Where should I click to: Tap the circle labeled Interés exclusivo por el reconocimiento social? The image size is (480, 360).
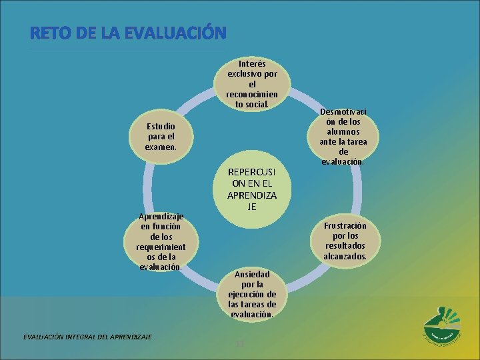(251, 85)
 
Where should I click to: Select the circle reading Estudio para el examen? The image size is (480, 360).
(162, 136)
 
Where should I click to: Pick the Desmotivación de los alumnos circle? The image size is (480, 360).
(343, 136)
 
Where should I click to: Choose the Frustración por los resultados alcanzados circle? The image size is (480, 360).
(345, 241)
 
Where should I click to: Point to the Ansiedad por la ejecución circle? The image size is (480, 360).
(251, 293)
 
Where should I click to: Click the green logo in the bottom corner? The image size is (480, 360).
(442, 326)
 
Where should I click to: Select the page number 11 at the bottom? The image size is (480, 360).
(241, 343)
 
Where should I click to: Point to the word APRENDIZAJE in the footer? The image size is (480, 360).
(130, 335)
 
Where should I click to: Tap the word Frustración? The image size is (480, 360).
(345, 225)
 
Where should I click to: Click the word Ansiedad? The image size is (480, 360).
(252, 274)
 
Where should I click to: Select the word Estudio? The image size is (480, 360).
(162, 126)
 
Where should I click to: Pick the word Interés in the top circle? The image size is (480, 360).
(252, 64)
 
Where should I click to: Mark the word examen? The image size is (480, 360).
(162, 146)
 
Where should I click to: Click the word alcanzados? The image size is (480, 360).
(345, 255)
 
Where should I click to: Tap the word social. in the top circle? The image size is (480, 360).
(257, 104)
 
